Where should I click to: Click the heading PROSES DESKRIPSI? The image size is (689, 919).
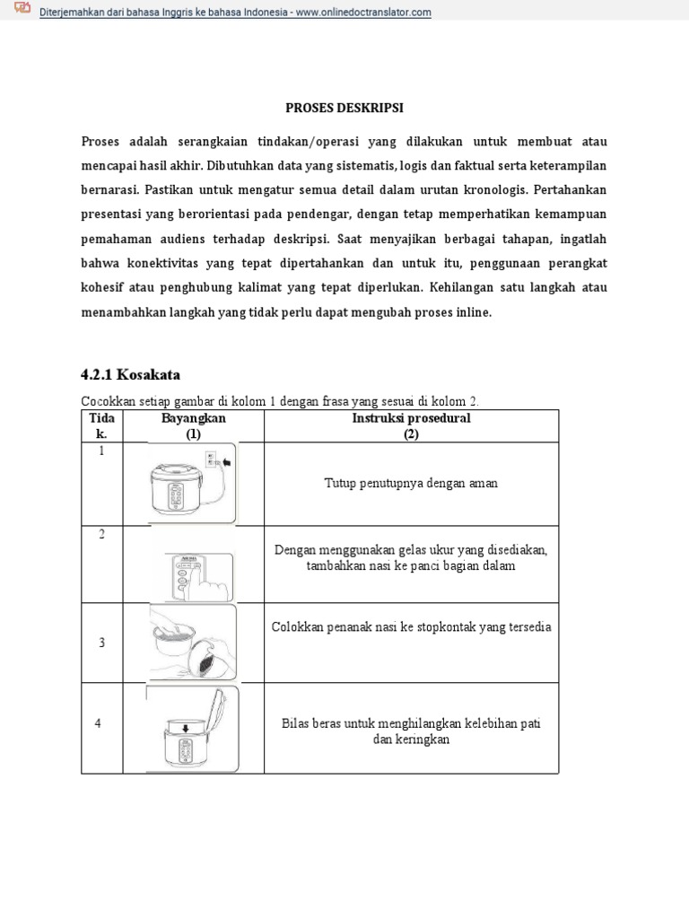[344, 108]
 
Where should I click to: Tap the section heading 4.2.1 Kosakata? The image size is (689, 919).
[131, 373]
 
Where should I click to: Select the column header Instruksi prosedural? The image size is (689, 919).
[411, 418]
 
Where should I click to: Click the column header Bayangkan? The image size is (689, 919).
[194, 418]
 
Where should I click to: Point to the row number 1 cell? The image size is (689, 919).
[101, 451]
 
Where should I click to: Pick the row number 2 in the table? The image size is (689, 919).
[101, 535]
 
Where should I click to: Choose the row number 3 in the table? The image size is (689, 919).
[101, 643]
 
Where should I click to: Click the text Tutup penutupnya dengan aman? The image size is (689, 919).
[411, 484]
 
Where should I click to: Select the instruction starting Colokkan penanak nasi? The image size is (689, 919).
[411, 627]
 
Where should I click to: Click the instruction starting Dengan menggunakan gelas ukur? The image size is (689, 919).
[411, 558]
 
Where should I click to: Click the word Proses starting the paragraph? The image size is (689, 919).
[100, 143]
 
